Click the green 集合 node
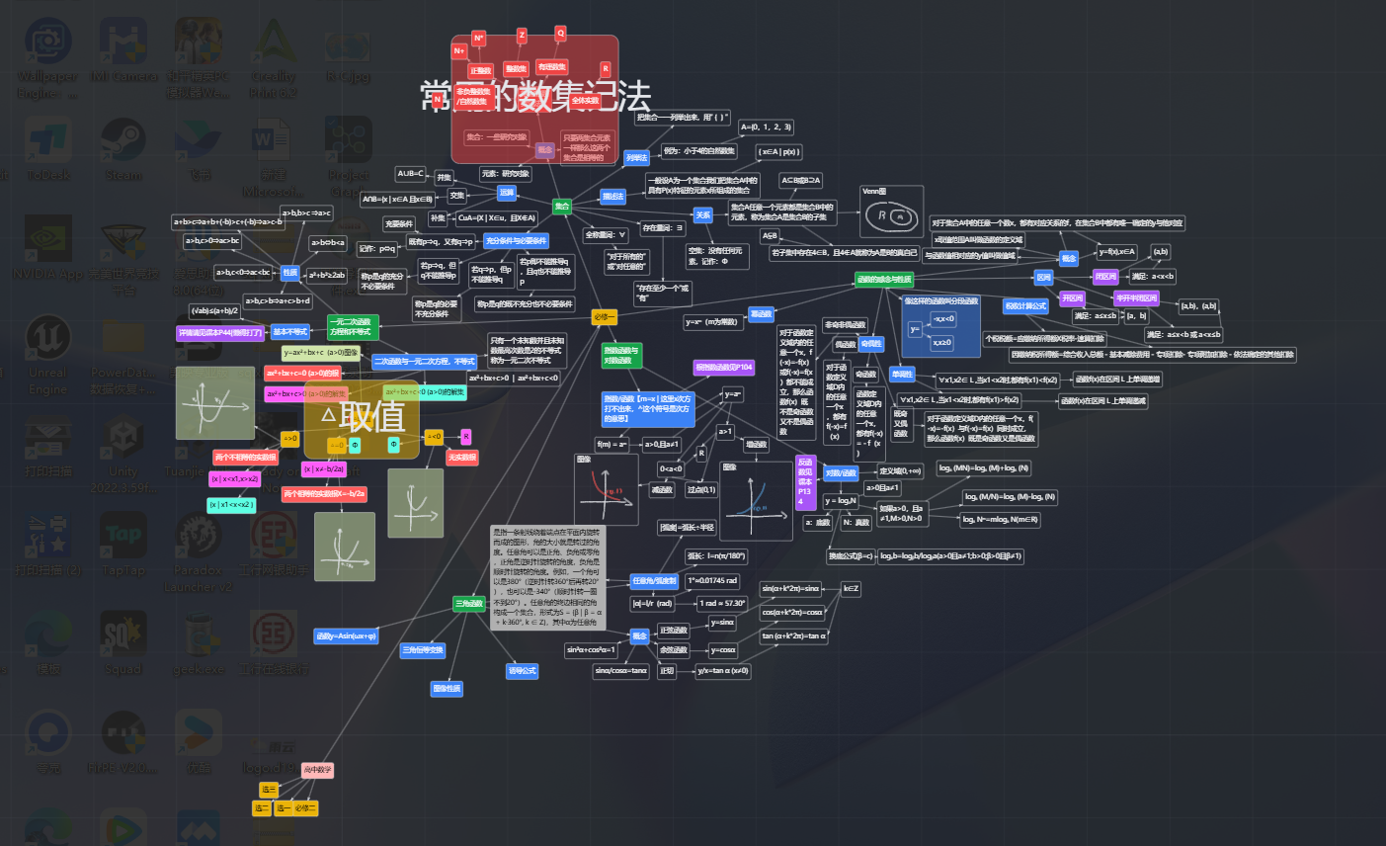561,207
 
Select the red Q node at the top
560,33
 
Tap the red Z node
522,36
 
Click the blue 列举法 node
636,157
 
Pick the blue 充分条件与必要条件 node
516,240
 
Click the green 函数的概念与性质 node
884,280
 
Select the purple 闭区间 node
1104,277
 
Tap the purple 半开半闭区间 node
1135,297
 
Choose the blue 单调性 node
901,375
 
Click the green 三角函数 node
469,603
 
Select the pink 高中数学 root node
318,769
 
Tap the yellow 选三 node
269,790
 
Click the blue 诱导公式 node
522,670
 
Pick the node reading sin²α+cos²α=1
591,650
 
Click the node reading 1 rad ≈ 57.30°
722,603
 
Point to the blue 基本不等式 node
291,332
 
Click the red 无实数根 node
461,458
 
